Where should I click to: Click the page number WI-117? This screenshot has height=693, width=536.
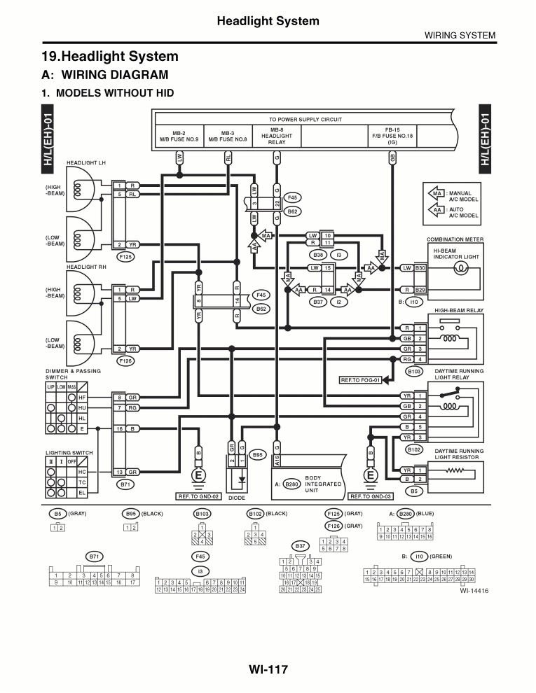pyautogui.click(x=268, y=669)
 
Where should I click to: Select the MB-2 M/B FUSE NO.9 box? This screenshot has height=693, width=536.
pyautogui.click(x=179, y=136)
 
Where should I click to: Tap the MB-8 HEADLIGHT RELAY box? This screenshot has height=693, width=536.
pyautogui.click(x=277, y=136)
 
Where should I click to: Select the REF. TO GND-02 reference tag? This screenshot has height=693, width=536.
pyautogui.click(x=200, y=496)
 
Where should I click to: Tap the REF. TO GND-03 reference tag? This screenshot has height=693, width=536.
pyautogui.click(x=369, y=496)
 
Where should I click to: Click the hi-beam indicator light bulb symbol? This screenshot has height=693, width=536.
pyautogui.click(x=461, y=274)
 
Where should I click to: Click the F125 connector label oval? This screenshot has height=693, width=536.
pyautogui.click(x=126, y=257)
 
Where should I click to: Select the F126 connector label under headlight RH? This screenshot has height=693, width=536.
pyautogui.click(x=126, y=360)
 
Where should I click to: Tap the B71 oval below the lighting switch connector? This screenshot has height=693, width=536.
pyautogui.click(x=126, y=484)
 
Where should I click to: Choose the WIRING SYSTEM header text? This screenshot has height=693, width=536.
pyautogui.click(x=460, y=35)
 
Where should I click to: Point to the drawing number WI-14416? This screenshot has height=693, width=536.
pyautogui.click(x=474, y=590)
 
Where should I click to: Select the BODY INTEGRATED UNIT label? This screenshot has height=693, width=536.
pyautogui.click(x=323, y=484)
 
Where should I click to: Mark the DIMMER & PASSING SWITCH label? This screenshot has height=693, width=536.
pyautogui.click(x=74, y=374)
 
